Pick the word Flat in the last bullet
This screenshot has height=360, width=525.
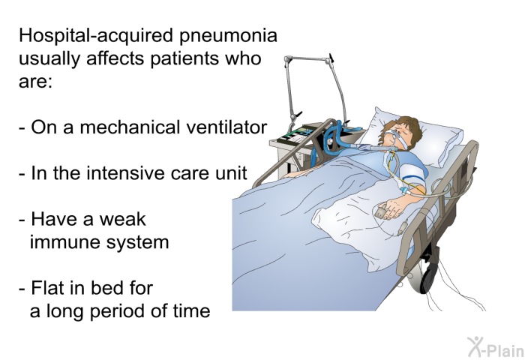click(47, 288)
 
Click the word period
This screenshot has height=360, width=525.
click(117, 312)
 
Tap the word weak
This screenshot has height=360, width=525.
click(122, 219)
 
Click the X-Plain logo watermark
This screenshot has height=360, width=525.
click(496, 346)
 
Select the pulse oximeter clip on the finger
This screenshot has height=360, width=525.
click(380, 211)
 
